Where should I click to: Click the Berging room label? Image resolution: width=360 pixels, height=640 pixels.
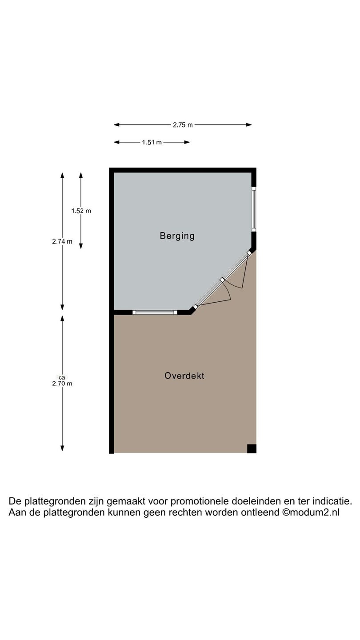(177, 236)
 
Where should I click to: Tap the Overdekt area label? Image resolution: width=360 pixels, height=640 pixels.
(184, 376)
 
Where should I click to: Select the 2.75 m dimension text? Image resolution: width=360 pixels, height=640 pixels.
(183, 125)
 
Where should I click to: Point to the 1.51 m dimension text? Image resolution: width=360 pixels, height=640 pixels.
(152, 142)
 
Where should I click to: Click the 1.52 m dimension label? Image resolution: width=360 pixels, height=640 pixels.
(81, 211)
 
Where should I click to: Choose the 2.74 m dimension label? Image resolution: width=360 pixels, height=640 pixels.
(62, 241)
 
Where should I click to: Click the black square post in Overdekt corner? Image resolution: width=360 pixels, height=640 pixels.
(252, 448)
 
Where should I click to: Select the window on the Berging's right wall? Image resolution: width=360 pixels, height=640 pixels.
(254, 209)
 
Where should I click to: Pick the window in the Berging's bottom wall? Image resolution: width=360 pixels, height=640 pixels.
(155, 312)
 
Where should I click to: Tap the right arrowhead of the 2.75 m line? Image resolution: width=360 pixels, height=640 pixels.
(249, 124)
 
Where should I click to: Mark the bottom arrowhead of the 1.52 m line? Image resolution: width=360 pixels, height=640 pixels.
(81, 246)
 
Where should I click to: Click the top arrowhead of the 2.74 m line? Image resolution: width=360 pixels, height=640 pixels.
(62, 175)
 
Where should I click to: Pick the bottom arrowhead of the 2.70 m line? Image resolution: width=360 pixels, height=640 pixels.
(62, 448)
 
